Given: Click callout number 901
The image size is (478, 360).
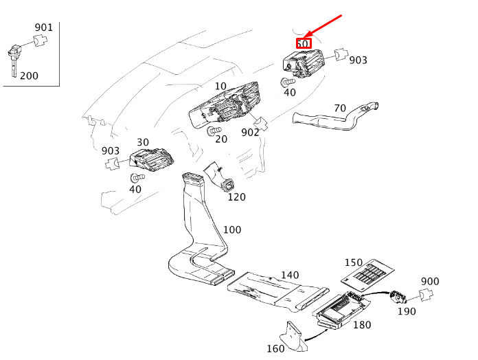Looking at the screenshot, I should [x=43, y=27].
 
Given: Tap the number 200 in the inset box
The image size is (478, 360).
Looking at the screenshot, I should [x=29, y=76].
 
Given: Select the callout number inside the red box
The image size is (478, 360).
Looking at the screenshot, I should [x=303, y=44].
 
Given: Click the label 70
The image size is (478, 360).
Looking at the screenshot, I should [x=339, y=108].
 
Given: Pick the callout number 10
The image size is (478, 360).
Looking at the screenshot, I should [x=220, y=87].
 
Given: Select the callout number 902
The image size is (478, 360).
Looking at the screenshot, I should [x=249, y=132].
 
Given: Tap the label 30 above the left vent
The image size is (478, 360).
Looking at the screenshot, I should [x=143, y=142].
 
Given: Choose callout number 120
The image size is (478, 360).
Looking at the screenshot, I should [x=236, y=197].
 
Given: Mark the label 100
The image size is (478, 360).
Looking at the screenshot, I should [x=232, y=229].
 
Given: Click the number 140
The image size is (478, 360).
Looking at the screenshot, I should [x=290, y=275].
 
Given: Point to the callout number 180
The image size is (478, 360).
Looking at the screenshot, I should [x=362, y=324].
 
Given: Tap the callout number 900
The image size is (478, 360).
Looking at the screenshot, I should [x=430, y=282].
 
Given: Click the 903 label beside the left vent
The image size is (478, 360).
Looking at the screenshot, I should [x=111, y=150].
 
